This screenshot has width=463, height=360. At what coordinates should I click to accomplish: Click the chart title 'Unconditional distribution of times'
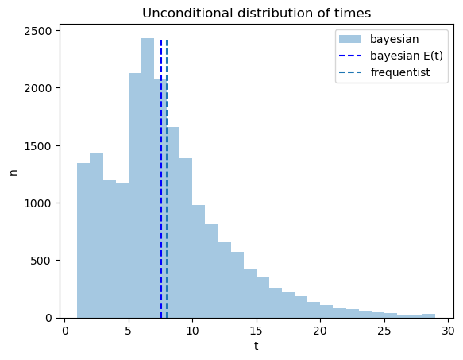pos(257,14)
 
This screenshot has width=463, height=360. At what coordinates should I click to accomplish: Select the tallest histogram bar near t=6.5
pos(148,178)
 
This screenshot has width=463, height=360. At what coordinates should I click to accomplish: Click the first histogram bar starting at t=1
pos(83,240)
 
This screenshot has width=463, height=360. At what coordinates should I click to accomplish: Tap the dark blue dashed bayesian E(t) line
pos(161,179)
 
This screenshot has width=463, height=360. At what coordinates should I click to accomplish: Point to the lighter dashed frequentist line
pos(167,179)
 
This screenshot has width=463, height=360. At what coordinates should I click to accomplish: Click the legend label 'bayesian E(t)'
pos(407,56)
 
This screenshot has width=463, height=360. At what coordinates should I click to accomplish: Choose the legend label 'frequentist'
pos(400,72)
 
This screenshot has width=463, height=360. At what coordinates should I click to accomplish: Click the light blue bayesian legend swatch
pos(350,39)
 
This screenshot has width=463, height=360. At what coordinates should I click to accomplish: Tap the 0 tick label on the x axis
pos(64,331)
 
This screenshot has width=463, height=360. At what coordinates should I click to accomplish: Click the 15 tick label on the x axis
pos(257,331)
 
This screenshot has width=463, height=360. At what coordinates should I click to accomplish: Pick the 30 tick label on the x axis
pos(448,331)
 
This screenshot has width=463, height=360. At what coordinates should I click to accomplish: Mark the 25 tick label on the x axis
pos(384,331)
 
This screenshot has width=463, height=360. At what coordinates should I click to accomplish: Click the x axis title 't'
pos(257,346)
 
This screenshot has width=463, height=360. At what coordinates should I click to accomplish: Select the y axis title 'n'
pos(14,172)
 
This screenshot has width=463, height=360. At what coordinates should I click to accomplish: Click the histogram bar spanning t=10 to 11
pos(199,261)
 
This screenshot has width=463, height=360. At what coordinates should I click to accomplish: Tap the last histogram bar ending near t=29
pos(429,316)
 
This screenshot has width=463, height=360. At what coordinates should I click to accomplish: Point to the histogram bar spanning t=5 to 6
pos(135,195)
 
